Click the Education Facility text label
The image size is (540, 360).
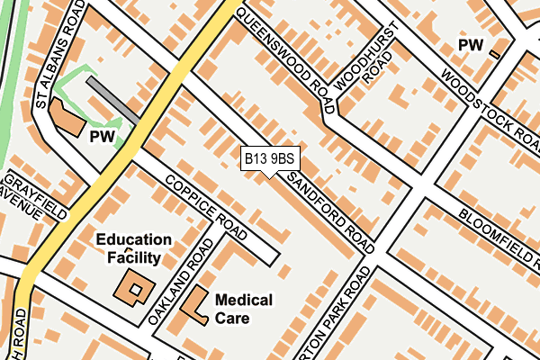pos(134,249)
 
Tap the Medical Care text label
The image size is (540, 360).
pos(243,309)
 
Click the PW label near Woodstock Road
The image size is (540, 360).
pos(470,44)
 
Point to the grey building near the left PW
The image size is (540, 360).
pos(112,100)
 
